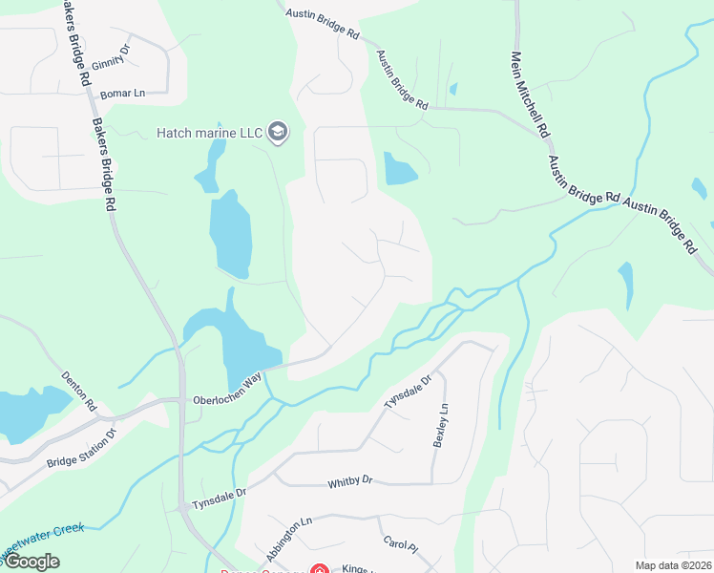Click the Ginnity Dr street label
coord(111,59)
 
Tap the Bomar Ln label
coord(122,94)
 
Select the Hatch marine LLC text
coord(210,133)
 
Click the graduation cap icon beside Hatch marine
coord(278,132)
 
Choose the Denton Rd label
coord(79,392)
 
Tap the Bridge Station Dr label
coord(81,449)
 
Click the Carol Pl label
coord(401,546)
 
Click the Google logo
coord(31,562)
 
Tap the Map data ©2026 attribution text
coord(673,565)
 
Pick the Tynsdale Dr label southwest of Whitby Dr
coord(220,498)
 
